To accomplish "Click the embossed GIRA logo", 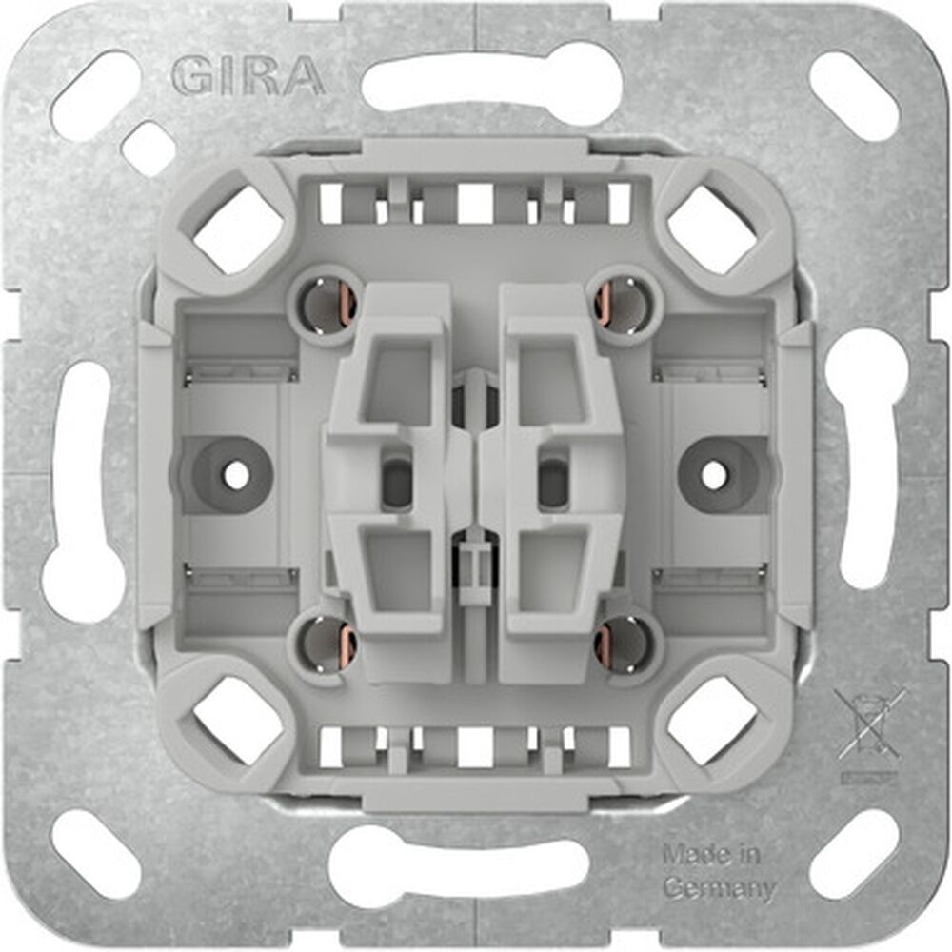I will (247, 75).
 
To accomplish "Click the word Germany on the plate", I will (718, 889).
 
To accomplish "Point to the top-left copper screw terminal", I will (329, 302).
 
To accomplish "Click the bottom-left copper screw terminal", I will (329, 646).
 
